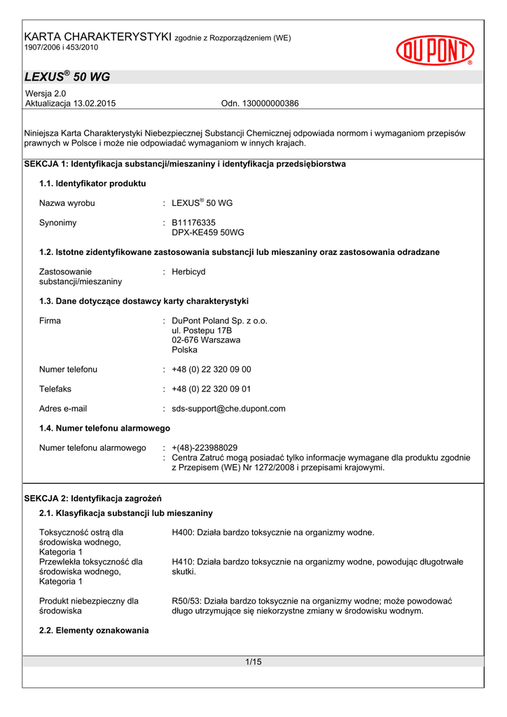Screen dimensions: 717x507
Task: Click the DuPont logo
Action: point(435,50)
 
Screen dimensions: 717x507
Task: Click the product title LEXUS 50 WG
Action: point(67,77)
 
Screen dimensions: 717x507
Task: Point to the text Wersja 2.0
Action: point(46,93)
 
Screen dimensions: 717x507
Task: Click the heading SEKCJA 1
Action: point(185,164)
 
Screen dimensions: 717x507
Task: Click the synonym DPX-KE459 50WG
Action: point(208,232)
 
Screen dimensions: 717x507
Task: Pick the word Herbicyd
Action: point(188,272)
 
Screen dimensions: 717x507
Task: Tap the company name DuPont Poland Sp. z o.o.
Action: point(219,321)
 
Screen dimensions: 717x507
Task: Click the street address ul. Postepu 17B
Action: point(202,330)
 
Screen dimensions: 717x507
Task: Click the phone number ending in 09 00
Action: point(211,369)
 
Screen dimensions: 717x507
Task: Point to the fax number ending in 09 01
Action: point(211,389)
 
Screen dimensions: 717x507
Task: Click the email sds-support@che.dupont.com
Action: point(228,408)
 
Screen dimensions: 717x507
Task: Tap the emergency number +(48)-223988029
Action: point(204,447)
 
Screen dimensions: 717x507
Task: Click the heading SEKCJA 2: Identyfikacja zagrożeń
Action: point(93,499)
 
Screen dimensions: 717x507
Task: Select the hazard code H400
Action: point(183,532)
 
